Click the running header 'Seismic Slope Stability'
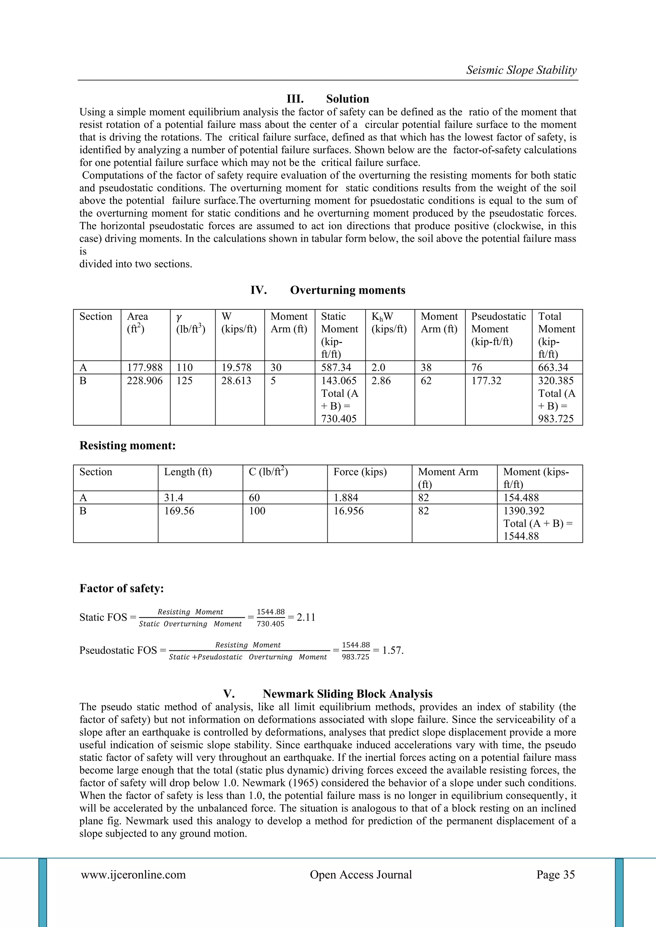pos(521,70)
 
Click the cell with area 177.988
pos(144,367)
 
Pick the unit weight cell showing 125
pos(184,381)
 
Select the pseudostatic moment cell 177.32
pos(486,381)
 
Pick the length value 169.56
pos(179,511)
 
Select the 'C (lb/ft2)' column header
pos(268,472)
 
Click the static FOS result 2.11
pos(306,617)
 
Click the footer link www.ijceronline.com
pos(133,874)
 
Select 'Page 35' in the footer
pos(555,874)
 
